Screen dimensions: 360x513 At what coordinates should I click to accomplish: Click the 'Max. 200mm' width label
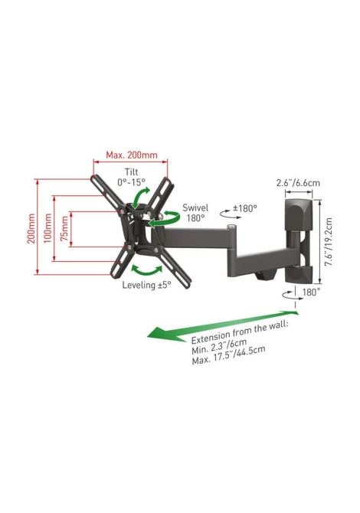point(132,155)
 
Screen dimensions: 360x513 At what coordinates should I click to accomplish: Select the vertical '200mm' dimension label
point(31,228)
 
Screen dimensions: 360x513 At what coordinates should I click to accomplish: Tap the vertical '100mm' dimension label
point(48,228)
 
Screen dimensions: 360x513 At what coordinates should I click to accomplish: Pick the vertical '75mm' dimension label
point(65,228)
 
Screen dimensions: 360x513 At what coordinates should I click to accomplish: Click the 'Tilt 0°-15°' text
point(131,177)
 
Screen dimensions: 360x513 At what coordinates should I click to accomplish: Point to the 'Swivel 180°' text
point(195,213)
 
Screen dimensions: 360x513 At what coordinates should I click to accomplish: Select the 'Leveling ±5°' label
point(146,285)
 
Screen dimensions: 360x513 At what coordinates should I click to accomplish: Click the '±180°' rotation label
point(245,208)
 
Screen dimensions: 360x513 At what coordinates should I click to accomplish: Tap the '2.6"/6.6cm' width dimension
point(298,182)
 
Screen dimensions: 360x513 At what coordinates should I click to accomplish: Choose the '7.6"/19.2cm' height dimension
point(329,242)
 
